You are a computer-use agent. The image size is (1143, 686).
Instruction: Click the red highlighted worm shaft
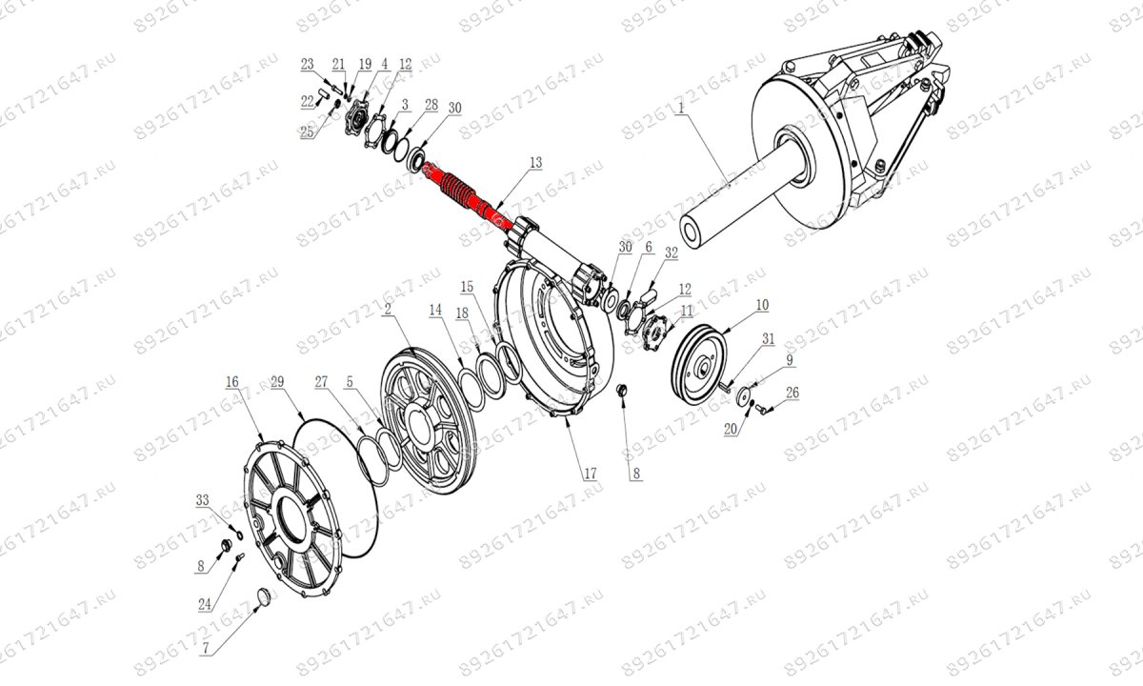[462, 195]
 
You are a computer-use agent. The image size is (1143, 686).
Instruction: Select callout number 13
[535, 163]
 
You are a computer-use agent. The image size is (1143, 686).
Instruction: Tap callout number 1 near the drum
[680, 109]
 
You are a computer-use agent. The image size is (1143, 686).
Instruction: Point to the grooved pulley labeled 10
[699, 364]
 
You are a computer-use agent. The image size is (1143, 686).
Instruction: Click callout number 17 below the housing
[591, 474]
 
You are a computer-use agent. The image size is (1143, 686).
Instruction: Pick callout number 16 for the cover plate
[232, 381]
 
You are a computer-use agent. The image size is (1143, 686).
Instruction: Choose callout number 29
[277, 381]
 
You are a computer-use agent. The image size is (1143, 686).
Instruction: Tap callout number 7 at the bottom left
[206, 648]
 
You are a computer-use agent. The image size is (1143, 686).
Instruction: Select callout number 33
[203, 499]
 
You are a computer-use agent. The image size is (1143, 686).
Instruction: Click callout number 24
[205, 605]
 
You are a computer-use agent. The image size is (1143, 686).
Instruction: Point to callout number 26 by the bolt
[792, 393]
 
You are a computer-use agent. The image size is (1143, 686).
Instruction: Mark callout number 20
[731, 430]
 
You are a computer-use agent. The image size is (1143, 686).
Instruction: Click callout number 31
[769, 339]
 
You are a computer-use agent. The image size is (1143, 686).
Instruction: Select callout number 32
[672, 252]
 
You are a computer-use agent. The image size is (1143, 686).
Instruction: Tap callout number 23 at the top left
[307, 65]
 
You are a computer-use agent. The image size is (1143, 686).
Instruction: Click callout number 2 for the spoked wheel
[388, 310]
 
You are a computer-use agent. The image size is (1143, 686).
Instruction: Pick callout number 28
[431, 105]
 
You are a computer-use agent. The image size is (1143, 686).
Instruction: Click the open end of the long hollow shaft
[693, 233]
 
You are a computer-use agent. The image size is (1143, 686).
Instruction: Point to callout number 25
[307, 132]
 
